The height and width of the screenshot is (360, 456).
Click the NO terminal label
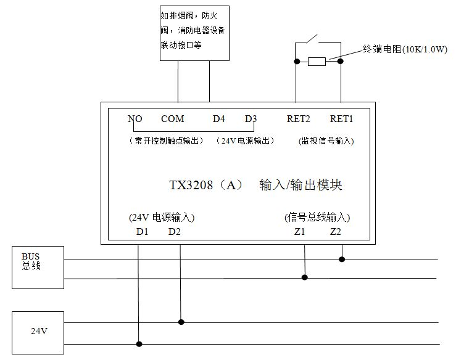point(135,119)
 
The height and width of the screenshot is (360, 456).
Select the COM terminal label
point(173,119)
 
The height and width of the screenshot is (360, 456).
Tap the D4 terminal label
point(219,119)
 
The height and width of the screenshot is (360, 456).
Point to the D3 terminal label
point(251,119)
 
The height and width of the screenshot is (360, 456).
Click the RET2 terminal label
point(299,119)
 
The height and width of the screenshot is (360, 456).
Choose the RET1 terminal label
point(341,119)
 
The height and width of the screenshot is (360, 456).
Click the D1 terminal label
point(143,232)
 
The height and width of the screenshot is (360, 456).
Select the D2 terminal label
point(175,232)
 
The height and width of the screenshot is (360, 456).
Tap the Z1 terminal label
point(300,232)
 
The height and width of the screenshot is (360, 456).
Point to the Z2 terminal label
point(336,232)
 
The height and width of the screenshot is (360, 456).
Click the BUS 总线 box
point(38,267)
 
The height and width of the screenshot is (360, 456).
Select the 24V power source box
point(38,331)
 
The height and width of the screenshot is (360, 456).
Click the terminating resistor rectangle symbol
point(317,61)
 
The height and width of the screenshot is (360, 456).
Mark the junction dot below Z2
point(342,260)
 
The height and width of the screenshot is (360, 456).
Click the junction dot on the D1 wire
point(139,344)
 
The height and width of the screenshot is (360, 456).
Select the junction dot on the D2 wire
point(180,322)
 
